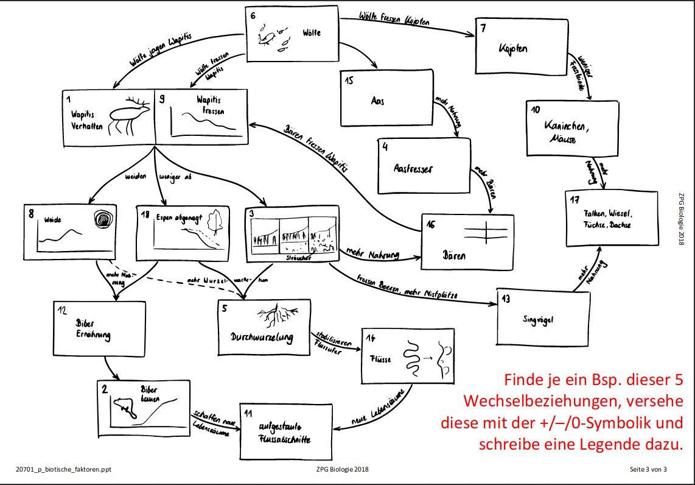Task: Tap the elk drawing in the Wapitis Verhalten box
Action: (129, 116)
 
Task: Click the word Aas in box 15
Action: (377, 101)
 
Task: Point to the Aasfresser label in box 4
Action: (413, 169)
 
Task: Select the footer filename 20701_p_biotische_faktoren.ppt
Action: (64, 469)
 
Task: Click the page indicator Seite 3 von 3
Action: (648, 469)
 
